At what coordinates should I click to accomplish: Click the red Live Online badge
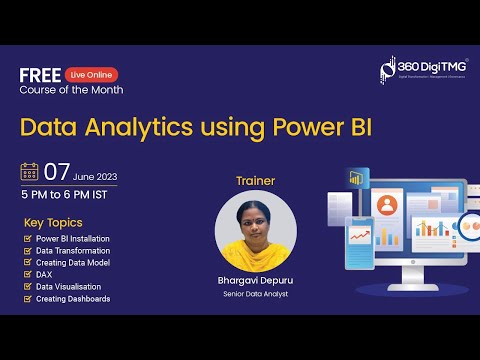[91, 75]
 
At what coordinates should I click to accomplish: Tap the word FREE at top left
[39, 74]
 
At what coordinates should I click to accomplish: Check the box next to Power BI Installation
[27, 239]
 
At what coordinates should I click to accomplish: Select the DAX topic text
[45, 275]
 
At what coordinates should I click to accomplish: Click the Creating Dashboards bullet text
[73, 299]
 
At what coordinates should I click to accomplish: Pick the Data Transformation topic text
[74, 251]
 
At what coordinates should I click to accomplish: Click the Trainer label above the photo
[254, 182]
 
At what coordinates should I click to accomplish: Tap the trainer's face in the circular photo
[255, 222]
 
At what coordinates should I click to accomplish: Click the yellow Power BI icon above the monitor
[354, 178]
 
